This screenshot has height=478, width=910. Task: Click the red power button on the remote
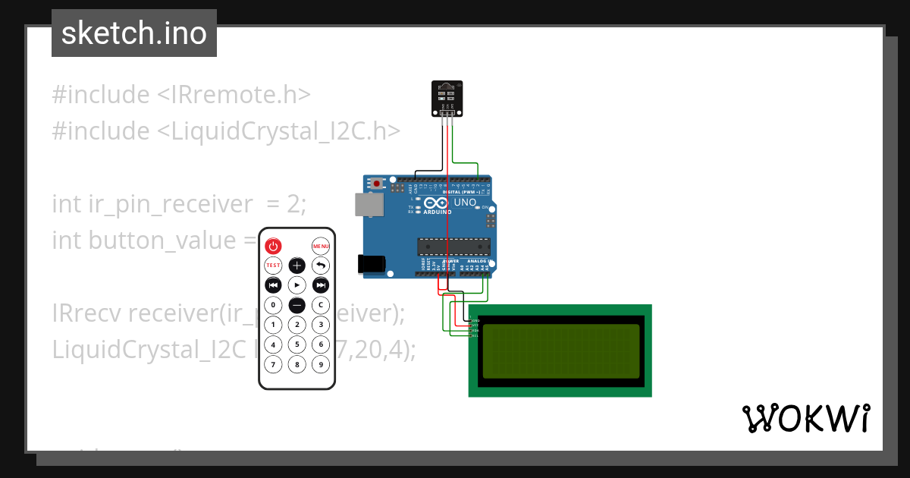tap(273, 246)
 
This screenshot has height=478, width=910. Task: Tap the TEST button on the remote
tap(273, 266)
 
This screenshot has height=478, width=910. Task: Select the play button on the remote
tap(297, 285)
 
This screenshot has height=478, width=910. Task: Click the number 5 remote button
tap(297, 344)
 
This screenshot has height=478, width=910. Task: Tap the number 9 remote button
tap(321, 364)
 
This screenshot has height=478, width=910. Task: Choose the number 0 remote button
tap(273, 305)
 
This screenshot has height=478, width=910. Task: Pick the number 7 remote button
tap(273, 364)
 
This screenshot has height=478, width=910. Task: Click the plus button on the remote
tap(297, 266)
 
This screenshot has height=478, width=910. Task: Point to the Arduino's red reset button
tap(377, 184)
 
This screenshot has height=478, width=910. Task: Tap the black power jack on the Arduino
tap(372, 263)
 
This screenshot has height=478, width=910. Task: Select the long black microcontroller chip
tap(453, 247)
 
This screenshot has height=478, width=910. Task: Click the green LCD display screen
tap(560, 351)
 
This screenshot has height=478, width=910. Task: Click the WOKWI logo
tap(805, 418)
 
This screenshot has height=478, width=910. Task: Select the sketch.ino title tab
tap(134, 33)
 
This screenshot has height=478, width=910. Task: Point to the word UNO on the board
tap(464, 203)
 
